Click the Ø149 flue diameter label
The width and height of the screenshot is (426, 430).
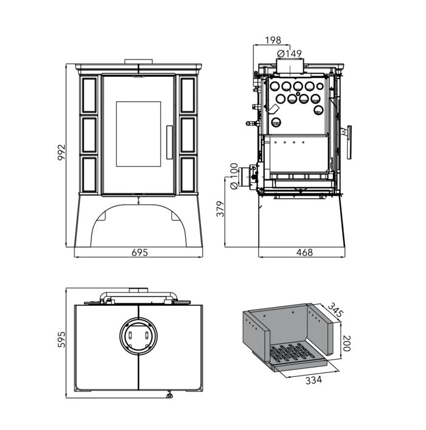point(289,54)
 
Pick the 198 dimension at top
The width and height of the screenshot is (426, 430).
point(274,41)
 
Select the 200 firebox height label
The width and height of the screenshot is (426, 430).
point(347,344)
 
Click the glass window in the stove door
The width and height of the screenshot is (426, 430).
point(139,135)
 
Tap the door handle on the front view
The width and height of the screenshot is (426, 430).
point(169,141)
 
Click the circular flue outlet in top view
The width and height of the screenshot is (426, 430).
point(139,335)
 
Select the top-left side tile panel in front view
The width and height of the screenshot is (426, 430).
point(90,95)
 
